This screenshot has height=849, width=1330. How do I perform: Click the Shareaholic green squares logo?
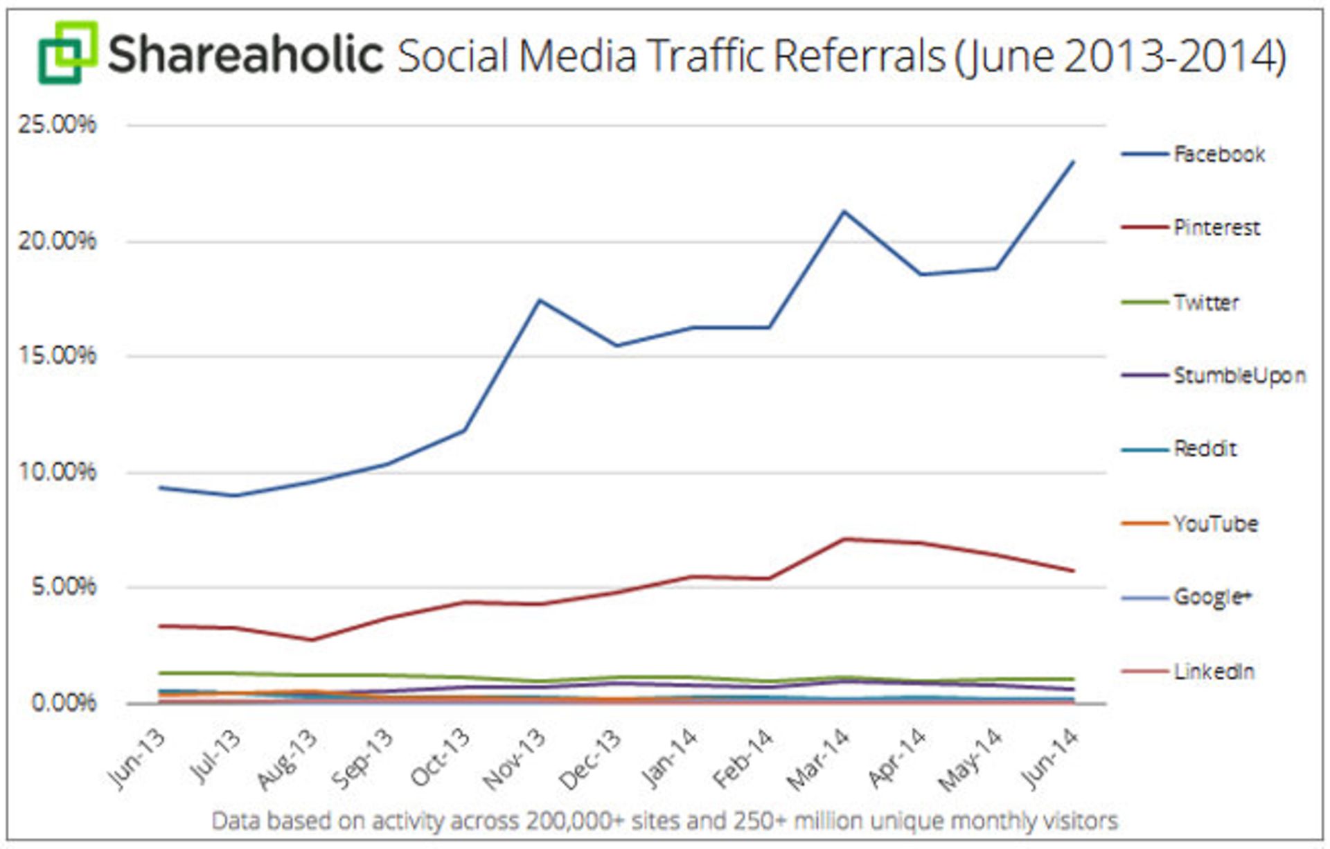tap(67, 53)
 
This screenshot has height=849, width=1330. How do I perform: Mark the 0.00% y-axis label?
tap(63, 703)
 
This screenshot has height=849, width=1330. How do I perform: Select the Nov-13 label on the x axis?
tap(515, 759)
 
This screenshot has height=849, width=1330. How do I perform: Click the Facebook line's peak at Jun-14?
tap(1073, 162)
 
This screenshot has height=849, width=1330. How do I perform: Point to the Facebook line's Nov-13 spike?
tap(540, 300)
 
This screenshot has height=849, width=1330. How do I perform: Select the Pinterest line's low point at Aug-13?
tap(312, 640)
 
